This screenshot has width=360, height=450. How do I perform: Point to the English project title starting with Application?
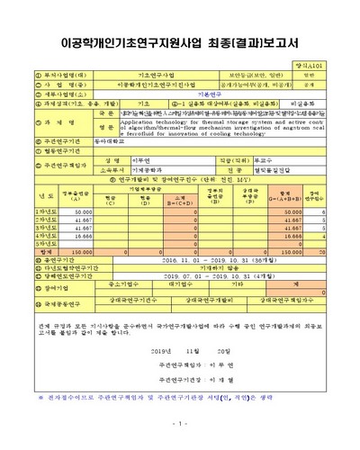[x=216, y=128]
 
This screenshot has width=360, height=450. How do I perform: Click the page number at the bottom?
[x=180, y=423]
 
